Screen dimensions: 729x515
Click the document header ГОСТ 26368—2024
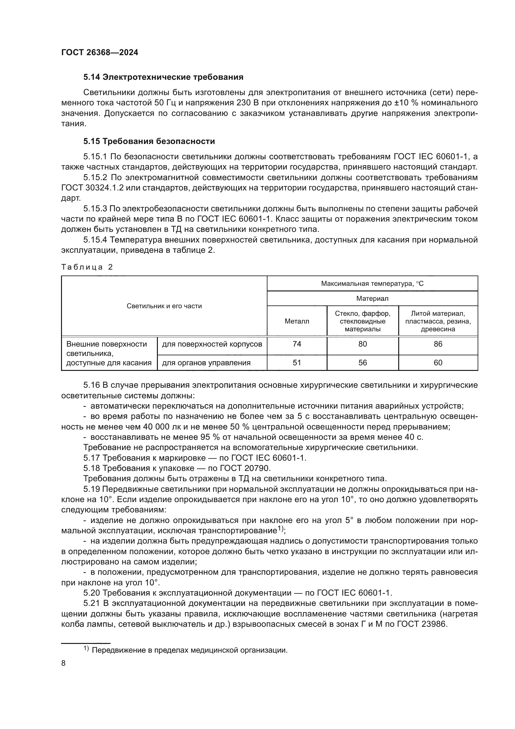click(x=100, y=52)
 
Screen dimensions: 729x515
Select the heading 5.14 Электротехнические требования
click(x=163, y=77)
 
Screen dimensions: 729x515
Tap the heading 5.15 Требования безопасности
click(x=149, y=141)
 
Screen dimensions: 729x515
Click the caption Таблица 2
click(x=87, y=267)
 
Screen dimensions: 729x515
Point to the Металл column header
click(x=296, y=321)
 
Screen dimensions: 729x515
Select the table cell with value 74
click(x=296, y=344)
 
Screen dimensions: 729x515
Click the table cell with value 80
click(x=362, y=344)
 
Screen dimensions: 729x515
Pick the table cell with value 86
click(x=438, y=344)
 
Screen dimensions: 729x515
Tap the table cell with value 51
click(x=296, y=363)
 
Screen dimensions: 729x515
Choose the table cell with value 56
click(x=362, y=363)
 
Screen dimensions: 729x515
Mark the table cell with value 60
click(x=438, y=363)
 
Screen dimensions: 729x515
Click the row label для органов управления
click(x=206, y=363)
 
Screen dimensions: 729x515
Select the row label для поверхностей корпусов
click(x=212, y=344)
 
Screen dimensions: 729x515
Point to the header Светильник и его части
click(x=164, y=306)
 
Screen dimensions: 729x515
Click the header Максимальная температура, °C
click(x=372, y=284)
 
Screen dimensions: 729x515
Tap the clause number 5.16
click(x=91, y=386)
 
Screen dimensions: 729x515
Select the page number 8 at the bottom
click(x=64, y=663)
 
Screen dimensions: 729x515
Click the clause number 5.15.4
click(x=96, y=240)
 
